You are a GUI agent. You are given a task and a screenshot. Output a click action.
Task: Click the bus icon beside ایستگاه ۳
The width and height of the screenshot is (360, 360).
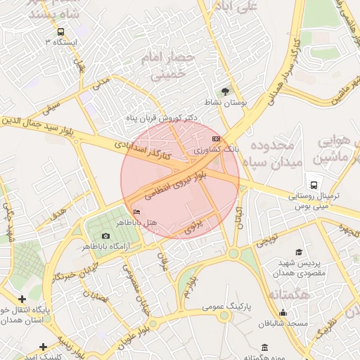point(60,32)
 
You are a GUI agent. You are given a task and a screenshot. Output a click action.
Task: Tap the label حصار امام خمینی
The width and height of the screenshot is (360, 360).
point(166,64)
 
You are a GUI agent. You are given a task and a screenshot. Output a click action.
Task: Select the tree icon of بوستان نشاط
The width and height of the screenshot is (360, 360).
point(226,91)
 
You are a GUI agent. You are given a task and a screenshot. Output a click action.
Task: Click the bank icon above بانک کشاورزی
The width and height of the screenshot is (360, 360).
point(215,139)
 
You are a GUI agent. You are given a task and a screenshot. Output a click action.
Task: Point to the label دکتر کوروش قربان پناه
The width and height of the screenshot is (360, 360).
point(162,117)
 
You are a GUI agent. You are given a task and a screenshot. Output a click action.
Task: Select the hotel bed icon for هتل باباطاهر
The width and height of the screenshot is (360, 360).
point(136,212)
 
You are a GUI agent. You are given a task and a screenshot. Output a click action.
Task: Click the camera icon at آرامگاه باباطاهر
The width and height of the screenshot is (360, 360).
point(105,236)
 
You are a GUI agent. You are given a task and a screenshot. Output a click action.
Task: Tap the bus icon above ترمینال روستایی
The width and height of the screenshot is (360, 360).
point(313,179)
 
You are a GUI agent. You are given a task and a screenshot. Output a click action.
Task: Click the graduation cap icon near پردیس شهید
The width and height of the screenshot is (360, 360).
point(299,252)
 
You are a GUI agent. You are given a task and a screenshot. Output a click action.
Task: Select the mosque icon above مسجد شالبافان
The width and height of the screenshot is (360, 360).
point(283,312)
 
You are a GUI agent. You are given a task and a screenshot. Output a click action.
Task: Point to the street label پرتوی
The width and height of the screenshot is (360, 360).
point(194,226)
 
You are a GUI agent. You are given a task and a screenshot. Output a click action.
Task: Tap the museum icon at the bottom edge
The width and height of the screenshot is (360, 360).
point(264,348)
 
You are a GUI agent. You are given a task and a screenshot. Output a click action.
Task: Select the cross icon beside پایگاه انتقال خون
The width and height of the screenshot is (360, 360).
point(23,300)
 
